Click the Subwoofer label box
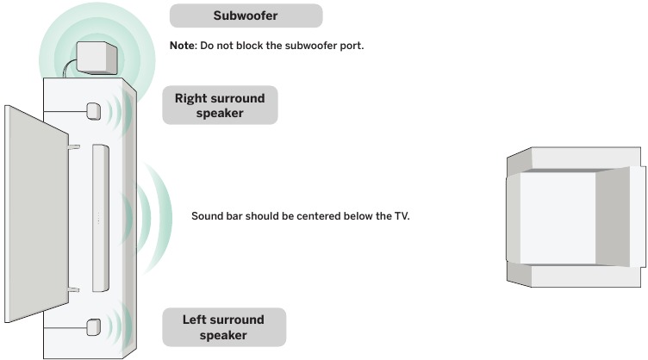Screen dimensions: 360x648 point(246,16)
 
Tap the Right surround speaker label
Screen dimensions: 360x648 point(220,105)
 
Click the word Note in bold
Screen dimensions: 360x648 point(183,46)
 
